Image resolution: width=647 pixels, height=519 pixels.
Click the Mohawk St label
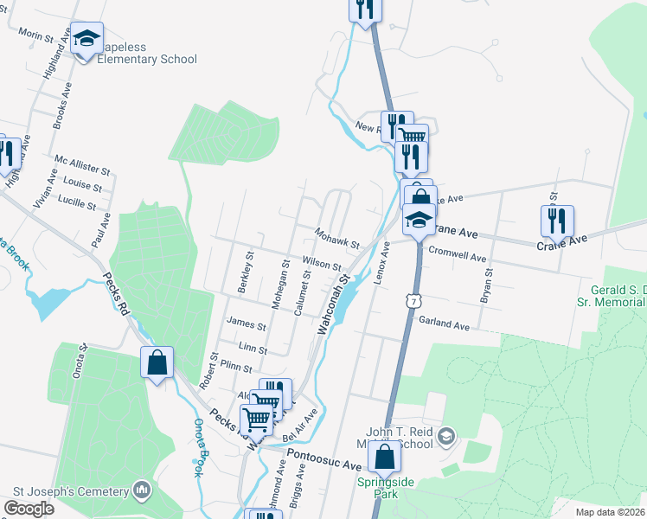pos(336,239)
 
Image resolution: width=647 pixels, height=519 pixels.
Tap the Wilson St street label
pos(321,264)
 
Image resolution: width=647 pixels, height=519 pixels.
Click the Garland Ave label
pos(444,324)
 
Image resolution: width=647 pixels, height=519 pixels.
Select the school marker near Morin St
pos(86,38)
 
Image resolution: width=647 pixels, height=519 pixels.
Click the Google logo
pos(29,509)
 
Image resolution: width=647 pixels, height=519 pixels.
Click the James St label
pos(246,325)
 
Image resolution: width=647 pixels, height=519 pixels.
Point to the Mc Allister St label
pos(83,170)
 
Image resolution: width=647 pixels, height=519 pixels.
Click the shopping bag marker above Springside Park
pos(385,456)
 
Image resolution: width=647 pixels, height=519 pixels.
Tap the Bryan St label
pos(488,285)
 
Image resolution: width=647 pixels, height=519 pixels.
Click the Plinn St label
pos(235,367)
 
